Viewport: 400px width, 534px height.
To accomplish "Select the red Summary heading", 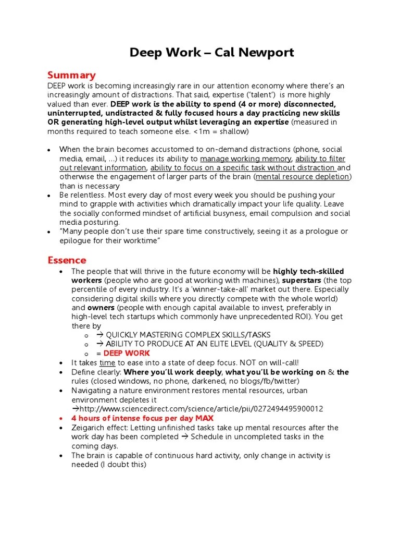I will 71,75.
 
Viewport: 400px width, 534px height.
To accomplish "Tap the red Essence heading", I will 67,260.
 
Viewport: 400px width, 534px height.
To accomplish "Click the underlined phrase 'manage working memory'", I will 246,159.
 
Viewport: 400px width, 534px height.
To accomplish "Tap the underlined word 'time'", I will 107,362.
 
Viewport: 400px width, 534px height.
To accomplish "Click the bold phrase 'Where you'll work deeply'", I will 172,372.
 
